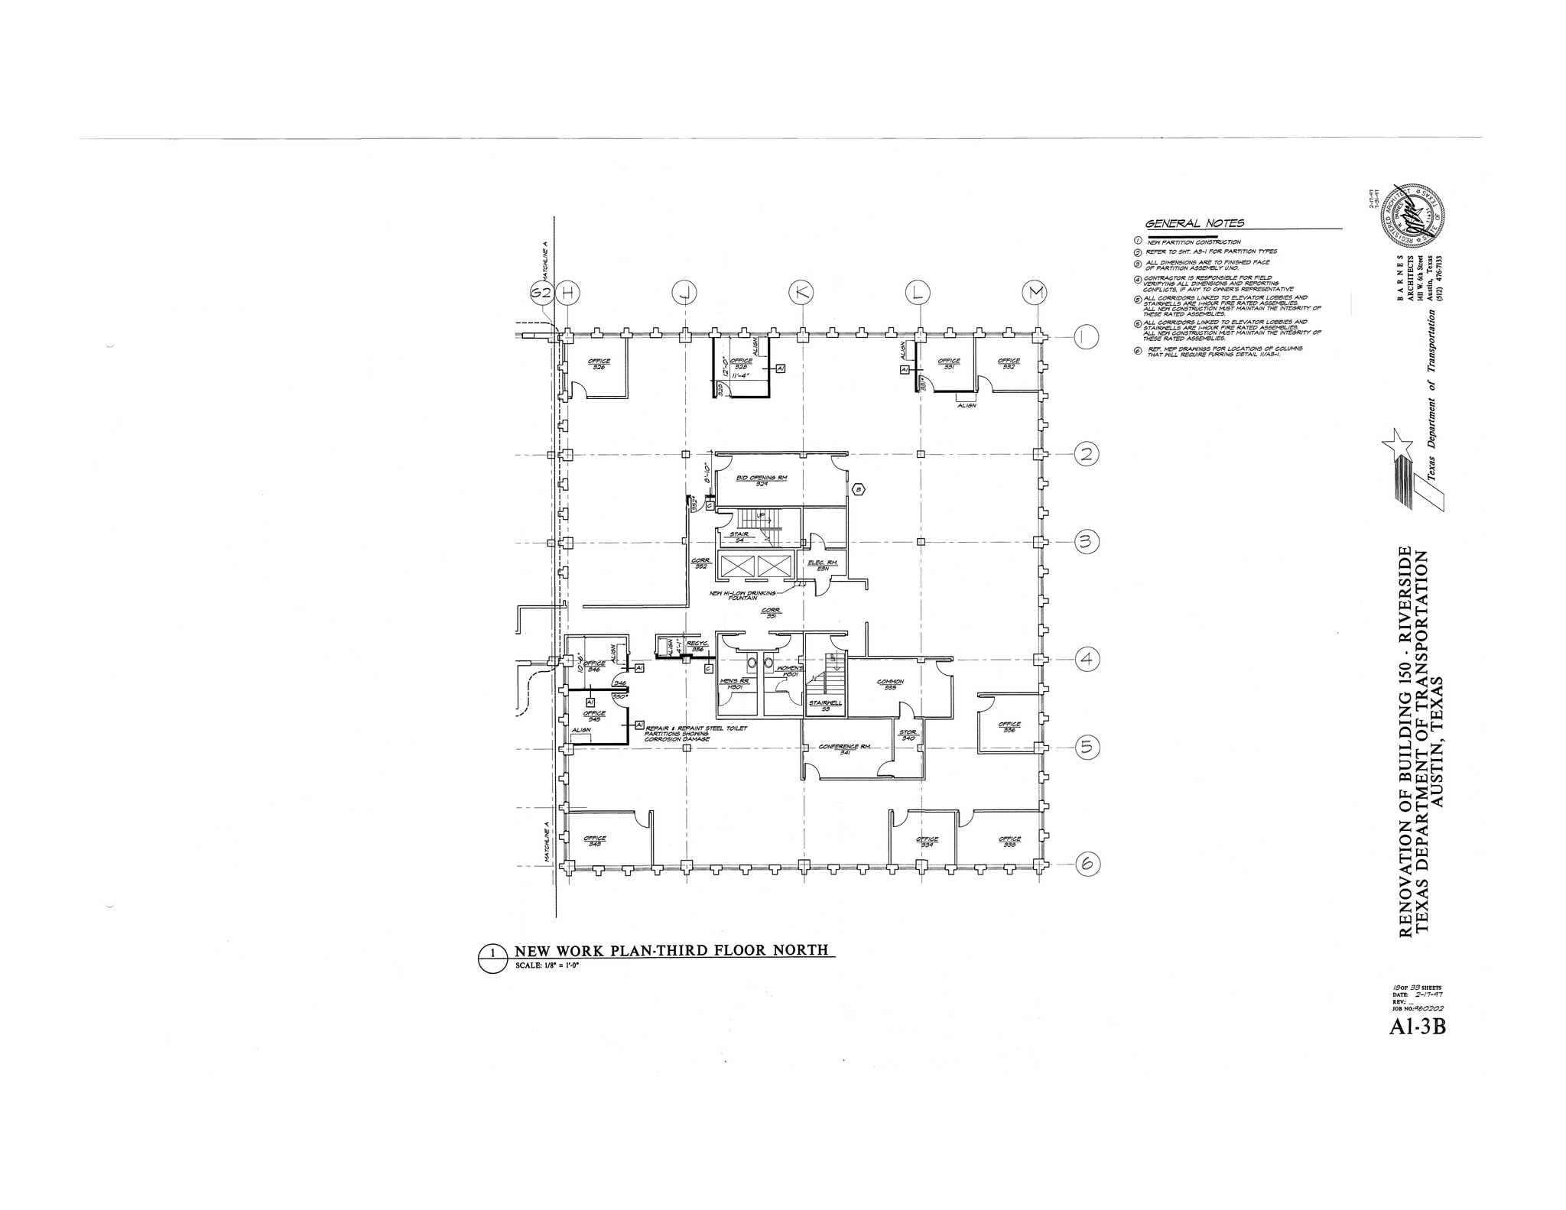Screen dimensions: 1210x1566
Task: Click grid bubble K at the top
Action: pos(801,292)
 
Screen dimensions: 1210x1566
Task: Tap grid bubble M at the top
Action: pos(1035,292)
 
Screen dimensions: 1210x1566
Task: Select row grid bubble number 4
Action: pos(1087,658)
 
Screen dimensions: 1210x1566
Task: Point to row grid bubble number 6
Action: pos(1087,865)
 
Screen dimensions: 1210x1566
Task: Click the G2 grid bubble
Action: pos(541,292)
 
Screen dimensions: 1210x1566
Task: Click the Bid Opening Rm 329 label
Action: pos(762,480)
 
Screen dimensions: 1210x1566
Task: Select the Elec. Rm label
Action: pos(823,565)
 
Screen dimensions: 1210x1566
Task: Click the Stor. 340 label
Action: pos(908,735)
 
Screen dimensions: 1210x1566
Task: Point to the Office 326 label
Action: pos(598,364)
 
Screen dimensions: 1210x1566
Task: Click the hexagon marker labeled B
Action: pos(858,489)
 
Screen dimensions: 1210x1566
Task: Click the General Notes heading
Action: pos(1194,223)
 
